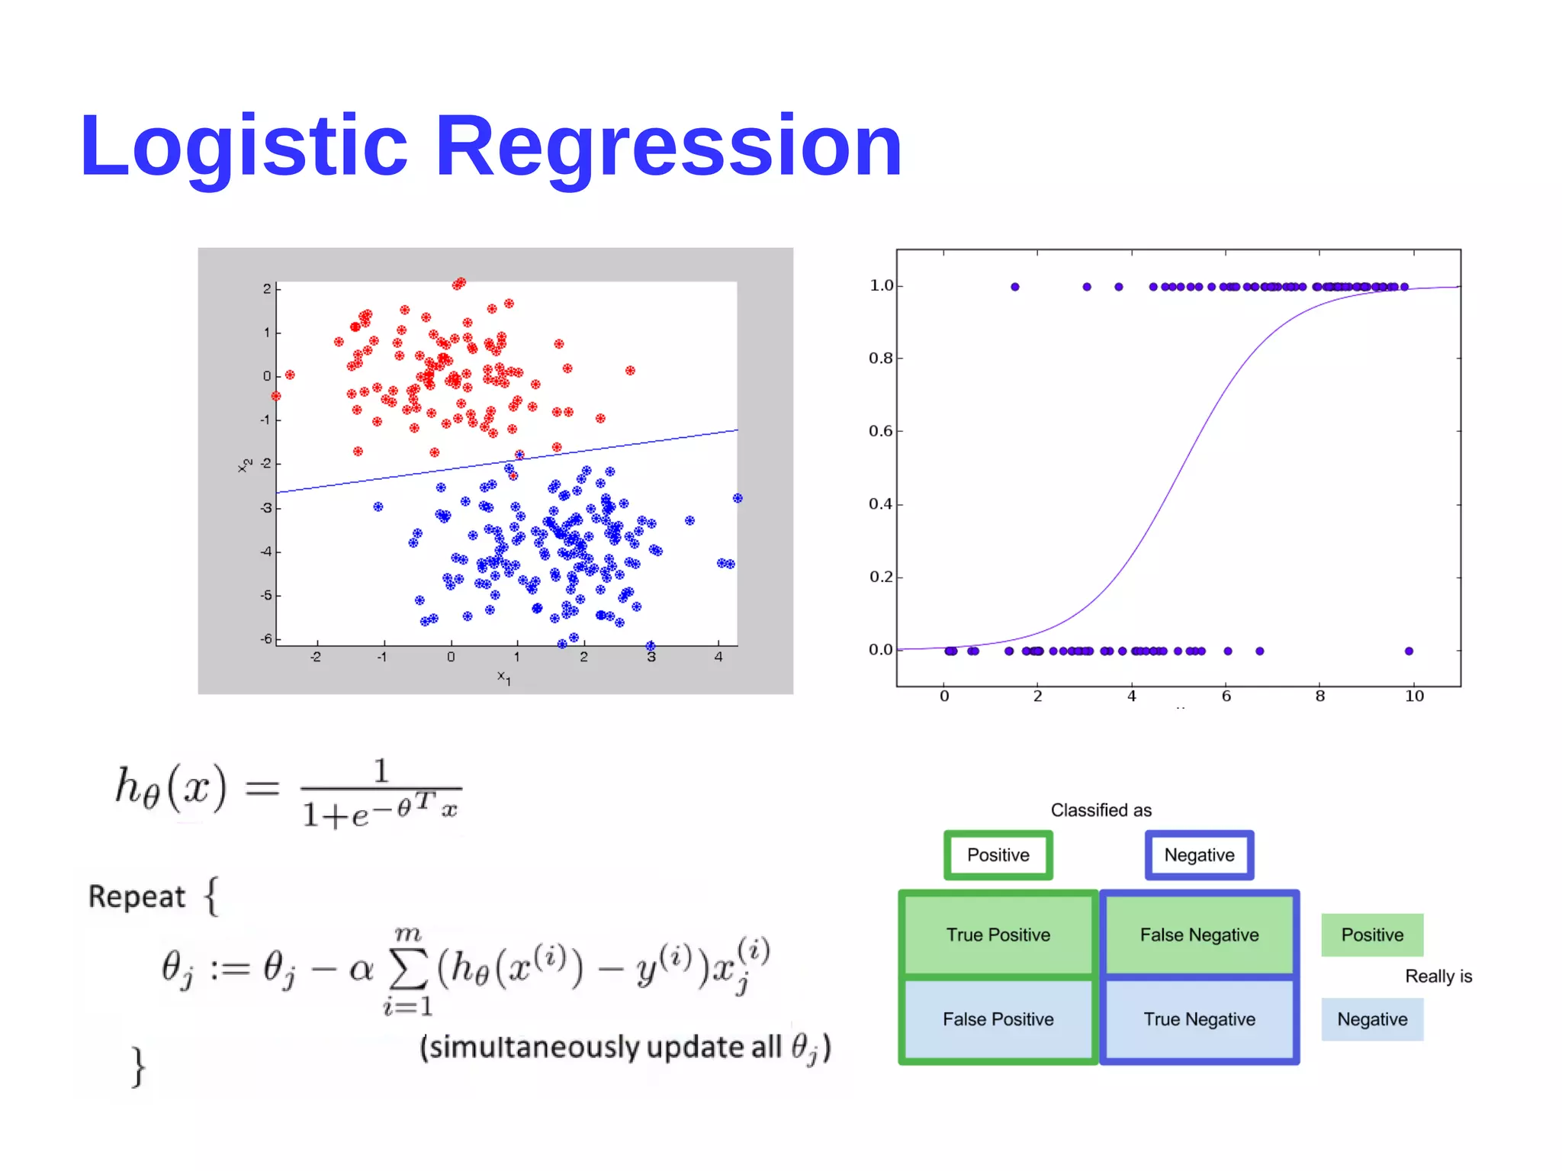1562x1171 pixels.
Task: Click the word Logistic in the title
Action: click(x=244, y=146)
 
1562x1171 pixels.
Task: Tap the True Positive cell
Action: click(x=998, y=935)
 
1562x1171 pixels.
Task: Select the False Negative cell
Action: click(x=1199, y=935)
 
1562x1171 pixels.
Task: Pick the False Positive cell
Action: click(x=998, y=1019)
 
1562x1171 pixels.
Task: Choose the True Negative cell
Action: click(x=1199, y=1019)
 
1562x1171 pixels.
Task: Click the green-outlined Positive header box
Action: click(x=998, y=854)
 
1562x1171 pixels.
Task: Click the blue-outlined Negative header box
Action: click(x=1199, y=854)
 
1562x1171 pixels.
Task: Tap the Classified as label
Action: click(x=1101, y=810)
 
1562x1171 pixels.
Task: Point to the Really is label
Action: click(x=1438, y=976)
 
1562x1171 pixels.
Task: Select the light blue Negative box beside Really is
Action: click(x=1372, y=1019)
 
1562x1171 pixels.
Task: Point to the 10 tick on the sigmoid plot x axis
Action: click(x=1414, y=696)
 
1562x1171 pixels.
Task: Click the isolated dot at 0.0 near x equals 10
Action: click(x=1409, y=651)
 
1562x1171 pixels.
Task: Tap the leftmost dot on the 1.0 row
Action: click(x=1014, y=287)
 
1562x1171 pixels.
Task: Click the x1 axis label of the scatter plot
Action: click(x=503, y=677)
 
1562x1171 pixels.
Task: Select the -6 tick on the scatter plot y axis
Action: click(x=265, y=639)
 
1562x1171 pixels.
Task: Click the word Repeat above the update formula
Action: click(x=137, y=896)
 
